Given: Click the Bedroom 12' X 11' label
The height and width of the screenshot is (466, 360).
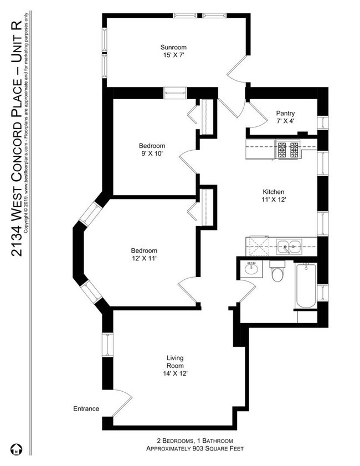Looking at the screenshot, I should coord(144,254).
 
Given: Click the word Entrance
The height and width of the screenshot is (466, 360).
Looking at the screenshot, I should coord(86,409).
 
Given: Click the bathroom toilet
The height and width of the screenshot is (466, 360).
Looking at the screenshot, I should coord(277,274).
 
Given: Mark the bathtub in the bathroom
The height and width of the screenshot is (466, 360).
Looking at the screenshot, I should coord(305,287).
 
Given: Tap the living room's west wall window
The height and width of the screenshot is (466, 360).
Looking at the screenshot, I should coord(107,352).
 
